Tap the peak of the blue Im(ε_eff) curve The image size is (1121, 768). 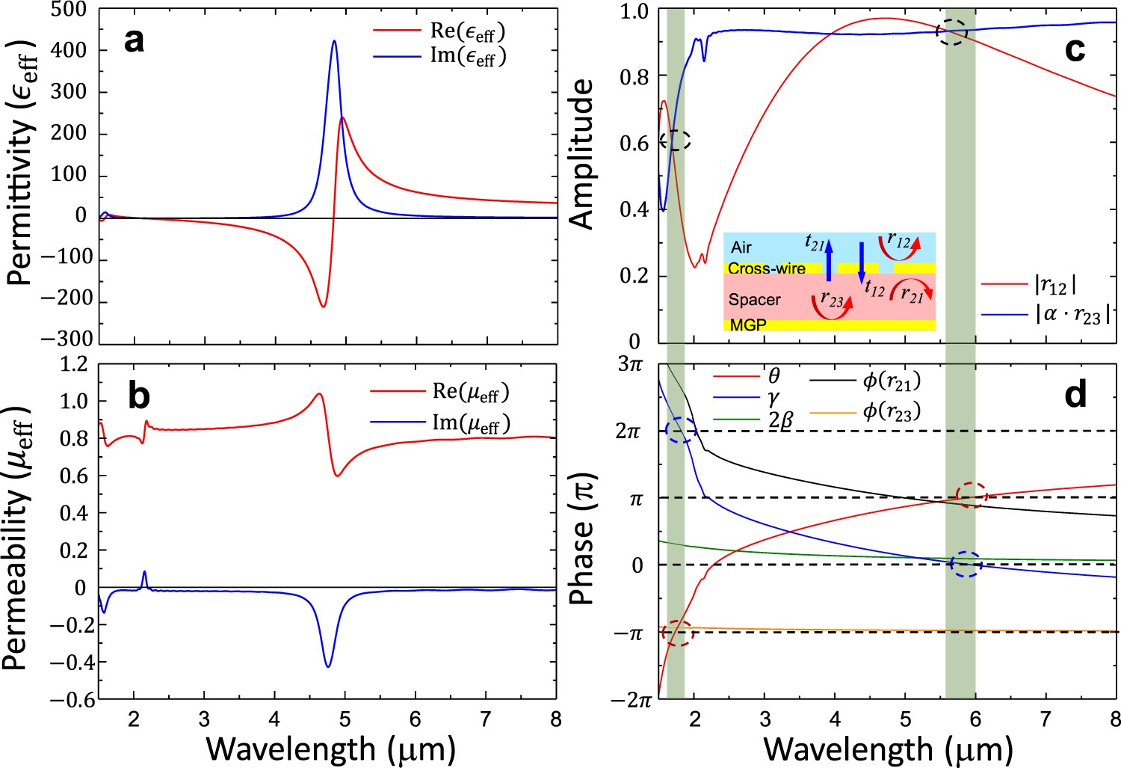pyautogui.click(x=334, y=41)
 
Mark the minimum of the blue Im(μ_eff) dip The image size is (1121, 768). pyautogui.click(x=327, y=666)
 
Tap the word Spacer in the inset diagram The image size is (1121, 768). pyautogui.click(x=755, y=300)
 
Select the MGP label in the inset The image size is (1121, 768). pyautogui.click(x=748, y=325)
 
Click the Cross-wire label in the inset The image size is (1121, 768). pyautogui.click(x=767, y=268)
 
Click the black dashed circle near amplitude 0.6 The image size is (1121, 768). pyautogui.click(x=676, y=140)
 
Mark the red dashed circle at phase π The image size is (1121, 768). pyautogui.click(x=971, y=495)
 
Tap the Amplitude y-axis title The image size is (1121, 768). pyautogui.click(x=581, y=153)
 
